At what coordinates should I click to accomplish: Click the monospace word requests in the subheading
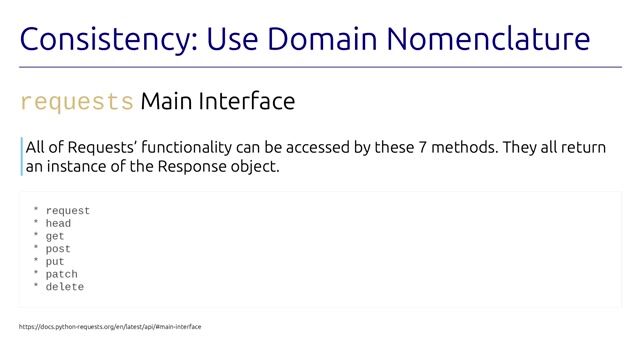coord(77,102)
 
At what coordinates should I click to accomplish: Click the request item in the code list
coord(67,211)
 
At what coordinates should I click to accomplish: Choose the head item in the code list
coord(58,224)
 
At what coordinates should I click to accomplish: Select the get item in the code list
coord(55,237)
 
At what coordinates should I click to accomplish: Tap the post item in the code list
coord(58,249)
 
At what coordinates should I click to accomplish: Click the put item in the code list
coord(55,262)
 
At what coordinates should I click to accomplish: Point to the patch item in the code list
coord(61,275)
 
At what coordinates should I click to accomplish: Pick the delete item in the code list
coord(64,287)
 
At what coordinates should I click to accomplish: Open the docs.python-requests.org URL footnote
coord(110,327)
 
